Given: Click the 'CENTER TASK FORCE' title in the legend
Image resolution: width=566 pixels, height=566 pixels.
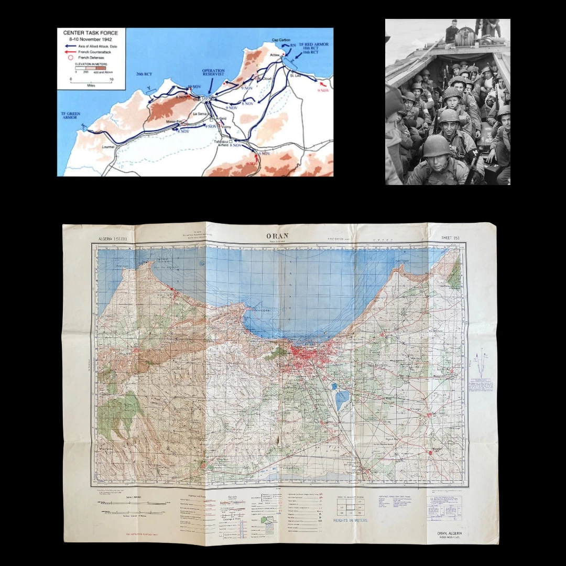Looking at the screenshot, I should [x=90, y=33].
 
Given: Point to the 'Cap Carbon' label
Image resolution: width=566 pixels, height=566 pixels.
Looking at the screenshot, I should [x=281, y=40].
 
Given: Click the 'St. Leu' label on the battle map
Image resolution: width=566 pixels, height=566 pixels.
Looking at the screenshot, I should [x=296, y=75].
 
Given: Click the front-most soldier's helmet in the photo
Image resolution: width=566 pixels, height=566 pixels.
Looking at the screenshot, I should [x=437, y=146].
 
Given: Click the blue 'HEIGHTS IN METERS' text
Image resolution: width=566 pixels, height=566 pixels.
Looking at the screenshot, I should [x=351, y=520].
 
